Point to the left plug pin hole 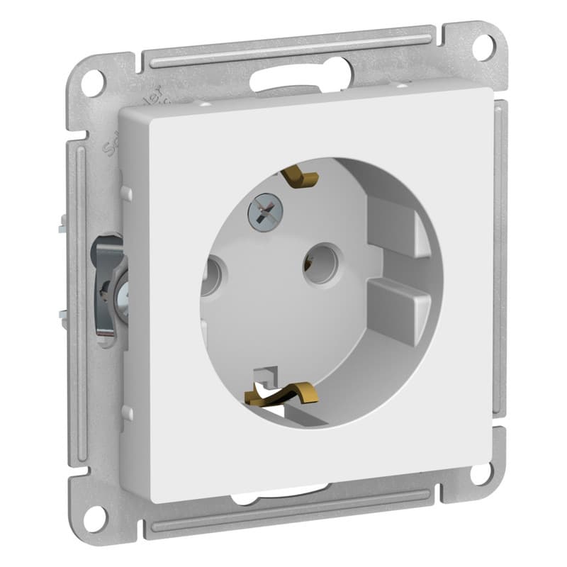pos(210,276)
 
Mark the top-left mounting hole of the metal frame pos(92,83)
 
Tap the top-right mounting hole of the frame pos(483,47)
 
